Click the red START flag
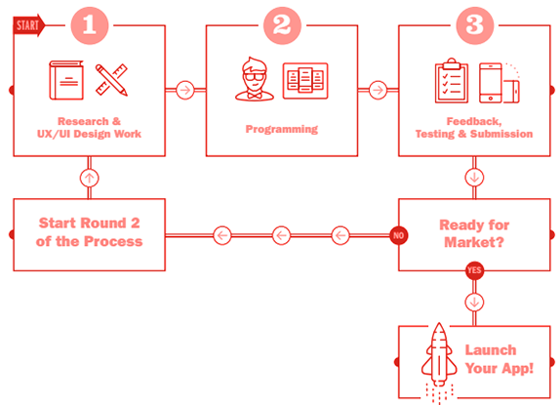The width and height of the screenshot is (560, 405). coord(29,25)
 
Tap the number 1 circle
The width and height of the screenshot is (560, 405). coord(90,25)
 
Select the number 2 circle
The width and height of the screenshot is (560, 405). coord(282,25)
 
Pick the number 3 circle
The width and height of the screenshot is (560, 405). coord(475,25)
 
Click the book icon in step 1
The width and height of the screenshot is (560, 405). coord(66,80)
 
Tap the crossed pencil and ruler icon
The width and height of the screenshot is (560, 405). coord(111,80)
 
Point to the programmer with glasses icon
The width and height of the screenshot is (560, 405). coord(255,79)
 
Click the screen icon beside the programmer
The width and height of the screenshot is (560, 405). coord(305,81)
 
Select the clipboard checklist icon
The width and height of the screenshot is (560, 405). coord(452,81)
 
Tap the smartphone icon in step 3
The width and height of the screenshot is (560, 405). coord(491,83)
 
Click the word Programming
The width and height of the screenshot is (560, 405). coord(282,129)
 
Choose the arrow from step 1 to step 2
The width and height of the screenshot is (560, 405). coord(185,90)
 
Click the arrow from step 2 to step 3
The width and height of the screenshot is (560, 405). coord(378,90)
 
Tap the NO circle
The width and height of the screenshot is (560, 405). coord(399,235)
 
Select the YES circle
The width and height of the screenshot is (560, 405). coord(475,270)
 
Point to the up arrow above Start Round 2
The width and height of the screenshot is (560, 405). coord(90,178)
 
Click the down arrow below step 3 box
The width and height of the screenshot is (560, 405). coord(475,178)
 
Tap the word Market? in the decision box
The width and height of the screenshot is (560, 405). coord(474,242)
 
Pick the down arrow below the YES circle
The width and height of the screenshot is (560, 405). coord(475,303)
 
